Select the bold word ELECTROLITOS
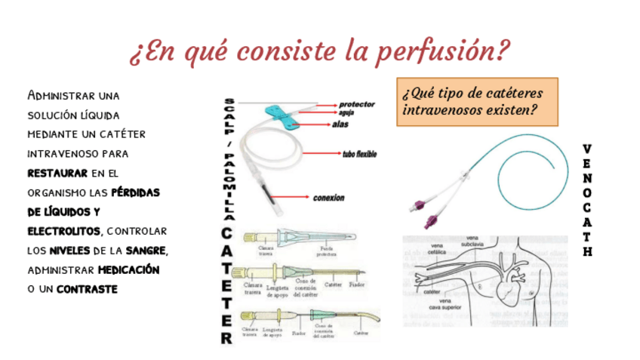pyautogui.click(x=62, y=229)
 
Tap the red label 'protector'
pyautogui.click(x=355, y=103)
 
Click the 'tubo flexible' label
pyautogui.click(x=359, y=155)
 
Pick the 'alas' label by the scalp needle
pyautogui.click(x=340, y=125)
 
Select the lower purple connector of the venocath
pyautogui.click(x=431, y=221)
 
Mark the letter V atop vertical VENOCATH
pyautogui.click(x=587, y=148)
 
